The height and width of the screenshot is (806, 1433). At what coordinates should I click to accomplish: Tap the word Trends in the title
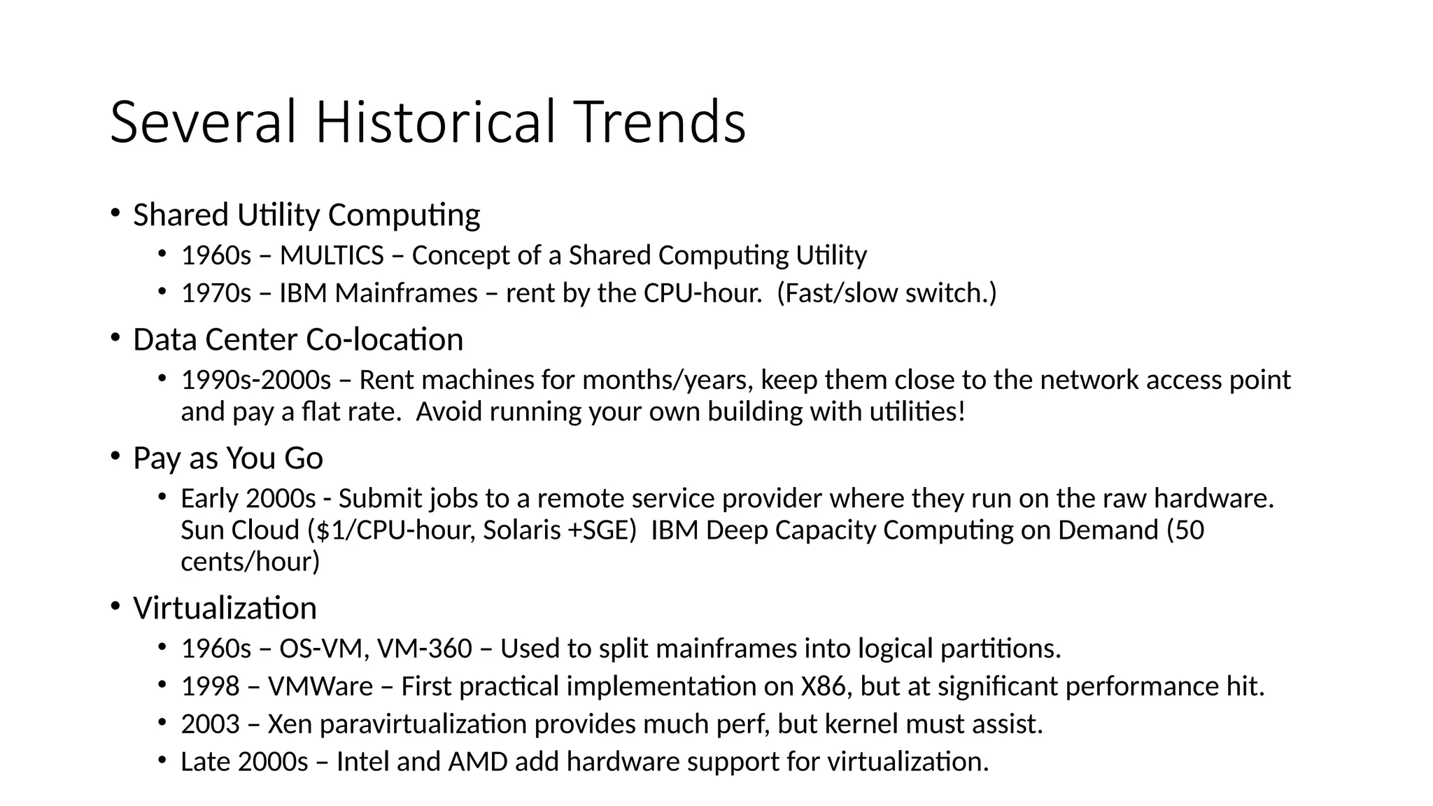[660, 122]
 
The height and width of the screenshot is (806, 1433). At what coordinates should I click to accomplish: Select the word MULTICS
[332, 255]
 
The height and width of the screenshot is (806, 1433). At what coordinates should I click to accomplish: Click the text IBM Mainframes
[379, 293]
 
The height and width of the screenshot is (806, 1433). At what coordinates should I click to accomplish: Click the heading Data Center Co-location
[298, 339]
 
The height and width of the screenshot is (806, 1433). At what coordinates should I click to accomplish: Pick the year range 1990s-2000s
[256, 380]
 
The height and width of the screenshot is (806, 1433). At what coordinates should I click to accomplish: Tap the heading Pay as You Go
[228, 458]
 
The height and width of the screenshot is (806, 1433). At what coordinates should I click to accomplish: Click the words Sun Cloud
[240, 530]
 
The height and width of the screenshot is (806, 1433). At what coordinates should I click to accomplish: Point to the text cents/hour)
[250, 561]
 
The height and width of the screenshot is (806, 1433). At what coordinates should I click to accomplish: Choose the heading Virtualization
[225, 607]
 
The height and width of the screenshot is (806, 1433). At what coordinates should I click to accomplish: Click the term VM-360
[425, 649]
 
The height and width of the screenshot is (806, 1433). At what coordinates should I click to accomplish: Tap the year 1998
[211, 686]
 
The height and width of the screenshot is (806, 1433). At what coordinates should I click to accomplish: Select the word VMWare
[320, 686]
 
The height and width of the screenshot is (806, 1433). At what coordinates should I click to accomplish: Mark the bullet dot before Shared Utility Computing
[115, 213]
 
